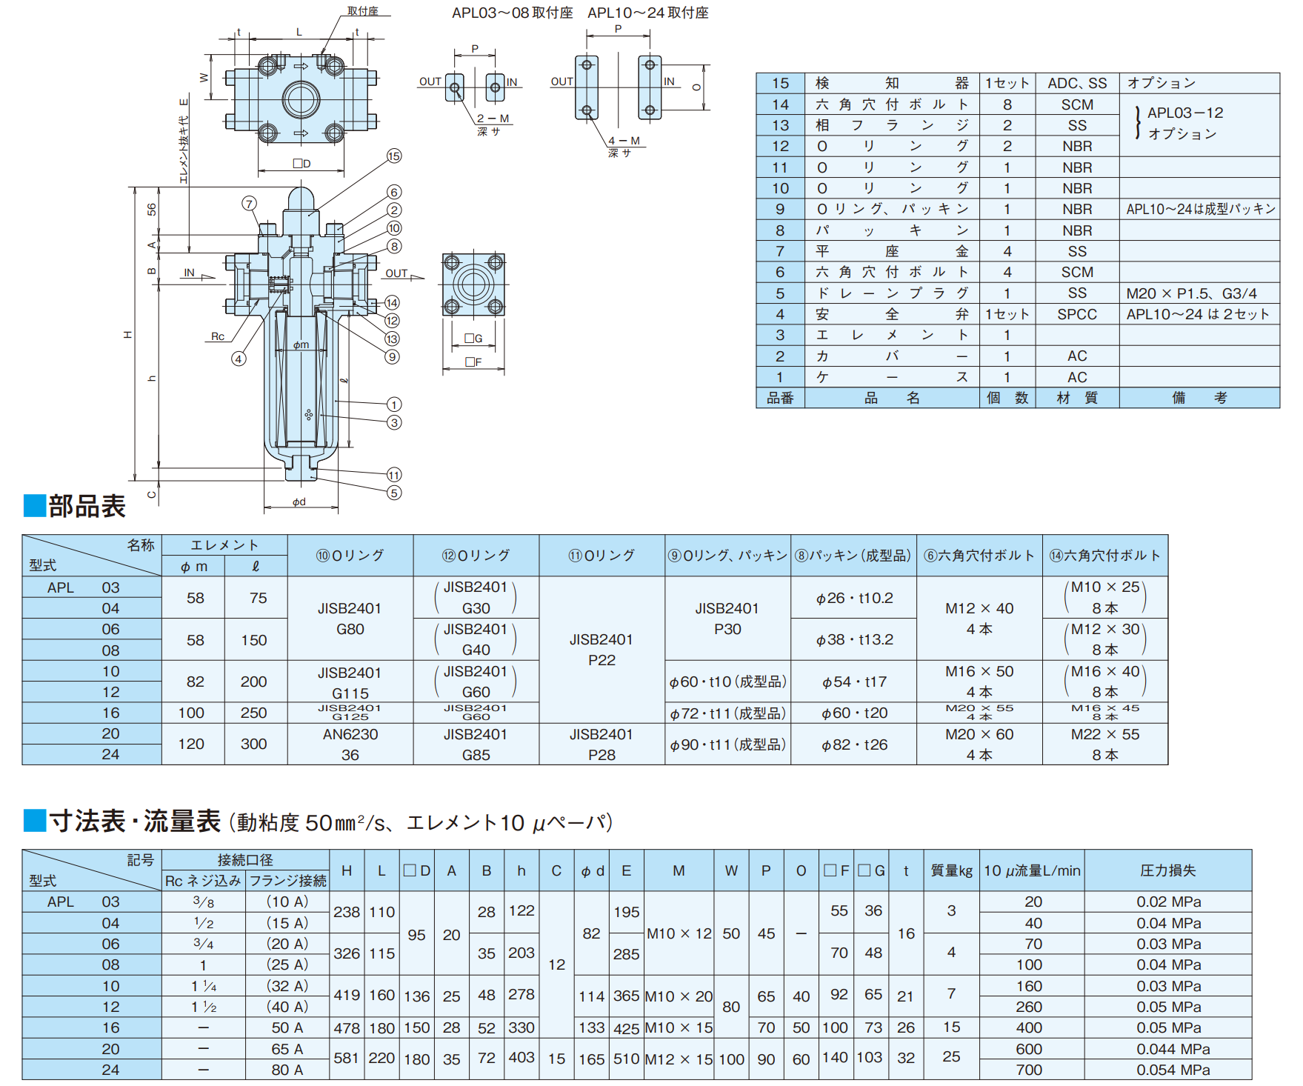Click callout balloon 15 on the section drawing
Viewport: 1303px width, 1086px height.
(394, 156)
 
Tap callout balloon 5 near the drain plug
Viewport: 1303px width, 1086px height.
(394, 493)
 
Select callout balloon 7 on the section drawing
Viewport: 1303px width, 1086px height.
(250, 204)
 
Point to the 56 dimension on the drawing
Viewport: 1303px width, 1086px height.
(152, 210)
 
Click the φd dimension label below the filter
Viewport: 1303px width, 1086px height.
(299, 502)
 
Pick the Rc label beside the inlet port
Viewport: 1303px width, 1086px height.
(218, 336)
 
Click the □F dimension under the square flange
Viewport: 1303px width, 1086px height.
(473, 362)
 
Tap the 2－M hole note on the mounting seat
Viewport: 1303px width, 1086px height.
(493, 119)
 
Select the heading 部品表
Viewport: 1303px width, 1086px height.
(87, 506)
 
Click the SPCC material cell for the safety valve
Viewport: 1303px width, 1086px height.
(1077, 314)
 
